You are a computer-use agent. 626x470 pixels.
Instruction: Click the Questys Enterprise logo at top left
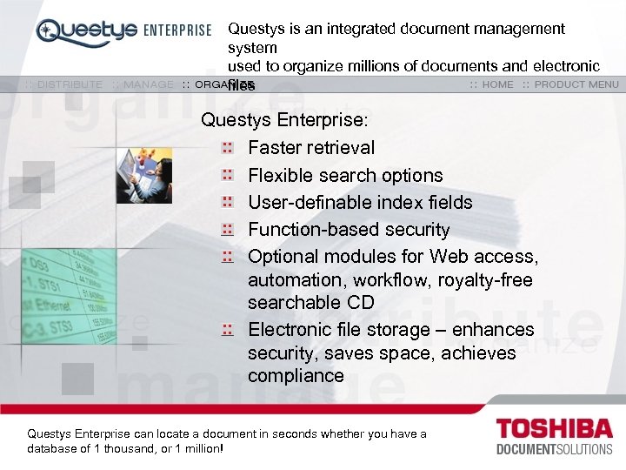pyautogui.click(x=123, y=31)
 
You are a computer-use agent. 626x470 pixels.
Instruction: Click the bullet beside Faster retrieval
pyautogui.click(x=227, y=148)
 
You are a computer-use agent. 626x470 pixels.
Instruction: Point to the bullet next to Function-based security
pyautogui.click(x=227, y=230)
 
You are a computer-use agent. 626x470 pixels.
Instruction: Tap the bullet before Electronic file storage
pyautogui.click(x=227, y=330)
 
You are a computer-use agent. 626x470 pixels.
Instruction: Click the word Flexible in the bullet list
pyautogui.click(x=280, y=175)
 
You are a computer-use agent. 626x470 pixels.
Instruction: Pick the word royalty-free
pyautogui.click(x=492, y=280)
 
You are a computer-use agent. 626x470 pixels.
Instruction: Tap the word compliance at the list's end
pyautogui.click(x=296, y=376)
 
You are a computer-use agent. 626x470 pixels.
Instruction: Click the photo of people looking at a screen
pyautogui.click(x=144, y=175)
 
